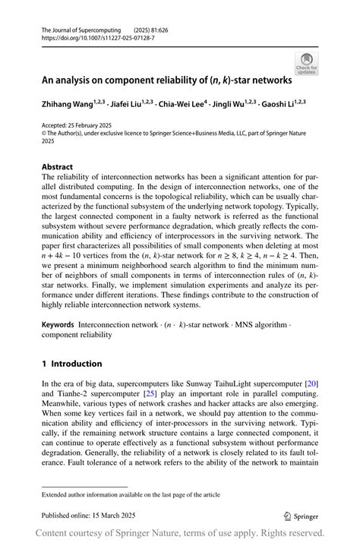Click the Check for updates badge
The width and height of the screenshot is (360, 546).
[x=307, y=62]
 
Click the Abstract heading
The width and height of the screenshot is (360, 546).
[x=57, y=166]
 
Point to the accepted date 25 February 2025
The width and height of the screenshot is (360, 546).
[x=93, y=125]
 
